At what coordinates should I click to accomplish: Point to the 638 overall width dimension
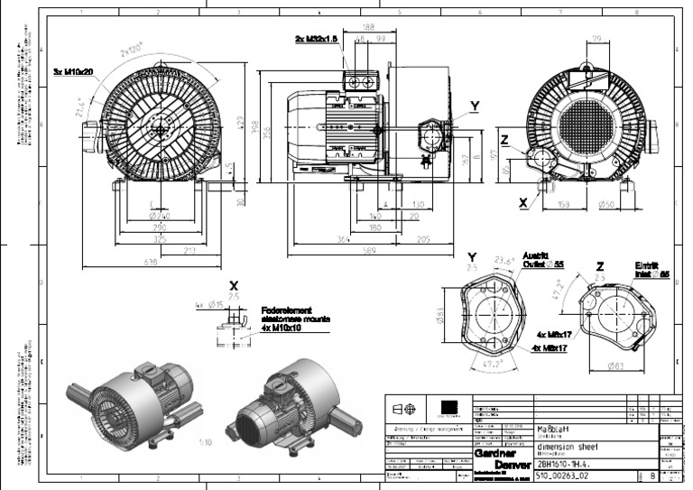click(x=150, y=263)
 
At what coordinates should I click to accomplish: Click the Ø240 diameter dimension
click(x=159, y=217)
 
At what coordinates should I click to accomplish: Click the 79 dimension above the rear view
click(x=596, y=37)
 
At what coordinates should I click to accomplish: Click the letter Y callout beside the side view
click(x=475, y=106)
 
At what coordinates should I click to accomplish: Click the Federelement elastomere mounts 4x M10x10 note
click(x=296, y=318)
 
